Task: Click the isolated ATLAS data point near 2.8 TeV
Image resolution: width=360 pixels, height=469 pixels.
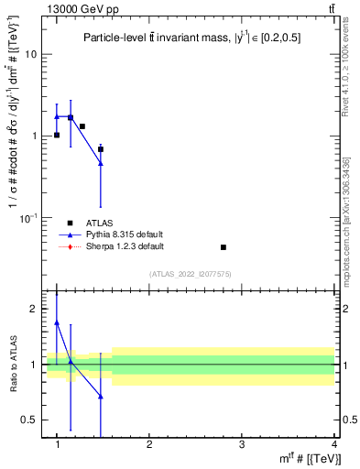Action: pyautogui.click(x=224, y=247)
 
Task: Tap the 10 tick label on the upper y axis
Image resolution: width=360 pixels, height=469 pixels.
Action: pyautogui.click(x=31, y=54)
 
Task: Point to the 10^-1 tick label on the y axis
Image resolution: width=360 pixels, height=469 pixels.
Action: pyautogui.click(x=29, y=217)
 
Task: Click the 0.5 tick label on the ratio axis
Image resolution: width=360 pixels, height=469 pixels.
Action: pyautogui.click(x=29, y=420)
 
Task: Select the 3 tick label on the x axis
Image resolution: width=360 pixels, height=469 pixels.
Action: pyautogui.click(x=241, y=443)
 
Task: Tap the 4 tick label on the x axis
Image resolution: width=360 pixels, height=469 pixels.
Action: pyautogui.click(x=333, y=443)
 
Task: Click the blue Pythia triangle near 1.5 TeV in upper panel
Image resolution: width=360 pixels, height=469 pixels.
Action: pyautogui.click(x=101, y=163)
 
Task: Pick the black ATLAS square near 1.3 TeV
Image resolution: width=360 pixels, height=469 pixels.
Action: pyautogui.click(x=82, y=126)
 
